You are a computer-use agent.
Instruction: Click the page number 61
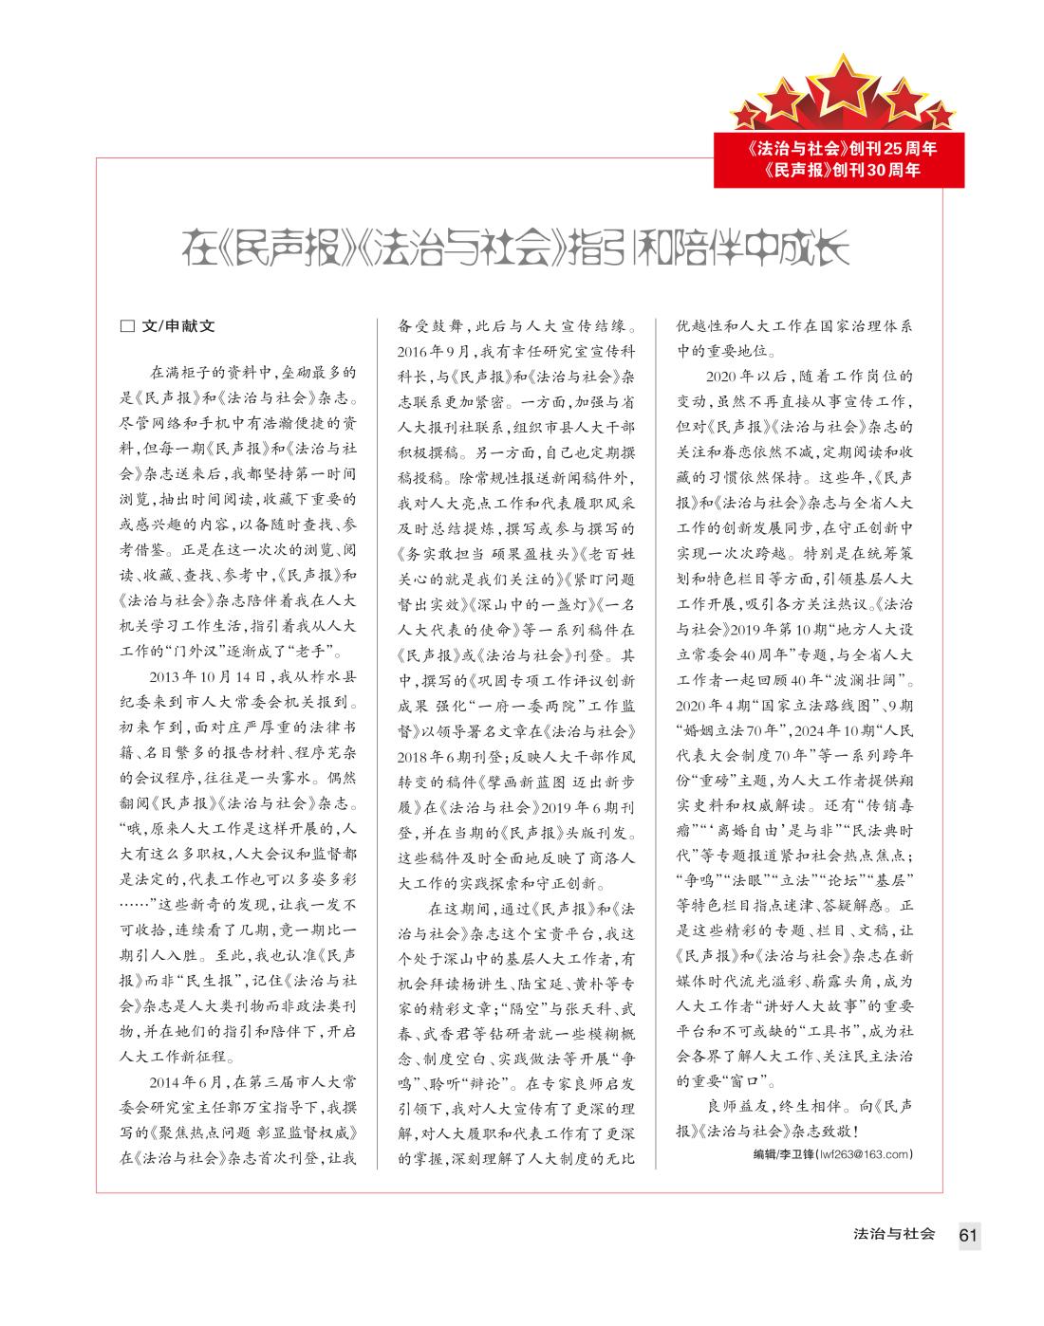coord(968,1234)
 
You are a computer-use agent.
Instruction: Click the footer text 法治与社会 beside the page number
coord(894,1234)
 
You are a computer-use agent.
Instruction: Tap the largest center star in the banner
coord(842,82)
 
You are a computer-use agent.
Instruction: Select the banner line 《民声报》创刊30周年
coord(842,172)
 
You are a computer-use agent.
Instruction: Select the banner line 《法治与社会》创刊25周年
coord(842,149)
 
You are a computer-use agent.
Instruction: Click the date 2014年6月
coord(189,1081)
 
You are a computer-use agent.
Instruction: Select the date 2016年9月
coord(426,351)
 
